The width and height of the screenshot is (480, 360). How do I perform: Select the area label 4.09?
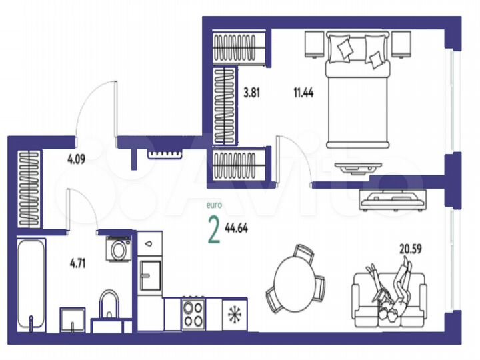pyautogui.click(x=75, y=159)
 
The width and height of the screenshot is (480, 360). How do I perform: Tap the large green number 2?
pyautogui.click(x=214, y=231)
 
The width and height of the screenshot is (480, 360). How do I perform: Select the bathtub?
pyautogui.click(x=31, y=283)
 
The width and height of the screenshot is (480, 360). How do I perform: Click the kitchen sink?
pyautogui.click(x=149, y=272)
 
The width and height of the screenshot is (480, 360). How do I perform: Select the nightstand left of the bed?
pyautogui.click(x=314, y=44)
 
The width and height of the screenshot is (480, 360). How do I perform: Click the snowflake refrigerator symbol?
pyautogui.click(x=233, y=313)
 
